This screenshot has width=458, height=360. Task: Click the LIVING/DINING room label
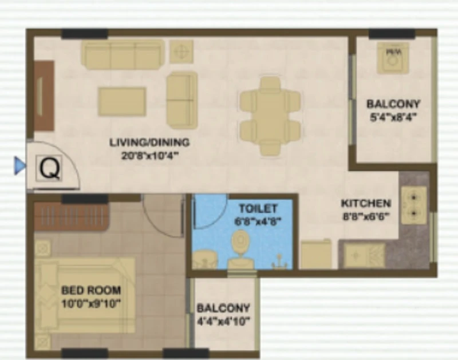click(x=149, y=142)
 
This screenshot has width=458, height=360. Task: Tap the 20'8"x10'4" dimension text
click(x=149, y=156)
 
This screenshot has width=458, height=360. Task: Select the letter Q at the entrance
click(x=50, y=168)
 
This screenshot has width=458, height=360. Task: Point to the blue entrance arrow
click(x=20, y=166)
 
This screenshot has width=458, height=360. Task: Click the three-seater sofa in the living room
click(x=123, y=54)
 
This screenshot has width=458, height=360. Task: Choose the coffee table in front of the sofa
click(x=122, y=102)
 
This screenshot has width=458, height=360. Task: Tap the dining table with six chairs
click(x=270, y=116)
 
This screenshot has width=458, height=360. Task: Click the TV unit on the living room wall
click(x=45, y=96)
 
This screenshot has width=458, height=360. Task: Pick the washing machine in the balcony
click(x=393, y=58)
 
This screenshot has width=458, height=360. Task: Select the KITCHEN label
click(x=366, y=203)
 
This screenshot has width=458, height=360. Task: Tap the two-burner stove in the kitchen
click(x=414, y=205)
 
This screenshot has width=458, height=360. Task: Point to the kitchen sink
click(x=364, y=256)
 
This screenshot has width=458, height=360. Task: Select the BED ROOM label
click(x=91, y=290)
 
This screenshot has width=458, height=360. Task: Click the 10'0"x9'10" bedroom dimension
click(x=91, y=304)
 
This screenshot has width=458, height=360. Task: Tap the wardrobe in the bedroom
click(x=72, y=216)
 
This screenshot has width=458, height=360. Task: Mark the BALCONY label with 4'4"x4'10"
click(x=223, y=308)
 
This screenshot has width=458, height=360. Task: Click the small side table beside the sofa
click(x=181, y=52)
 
